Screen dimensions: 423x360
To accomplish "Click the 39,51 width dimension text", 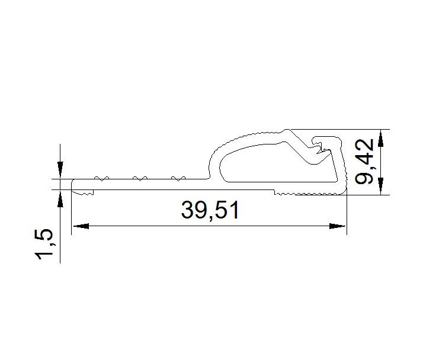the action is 210,210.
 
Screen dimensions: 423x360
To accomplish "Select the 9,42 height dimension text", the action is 364,162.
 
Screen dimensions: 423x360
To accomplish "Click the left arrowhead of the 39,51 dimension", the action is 81,226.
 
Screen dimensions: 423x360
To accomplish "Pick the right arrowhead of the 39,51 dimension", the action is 337,226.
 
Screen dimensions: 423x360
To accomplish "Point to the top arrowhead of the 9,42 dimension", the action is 381,138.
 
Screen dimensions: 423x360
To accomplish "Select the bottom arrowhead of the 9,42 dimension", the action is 381,186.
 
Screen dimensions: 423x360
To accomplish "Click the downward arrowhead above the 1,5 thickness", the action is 60,170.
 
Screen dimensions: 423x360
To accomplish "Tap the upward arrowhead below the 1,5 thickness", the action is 60,198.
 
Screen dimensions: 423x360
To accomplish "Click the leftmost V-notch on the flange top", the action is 101,178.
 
